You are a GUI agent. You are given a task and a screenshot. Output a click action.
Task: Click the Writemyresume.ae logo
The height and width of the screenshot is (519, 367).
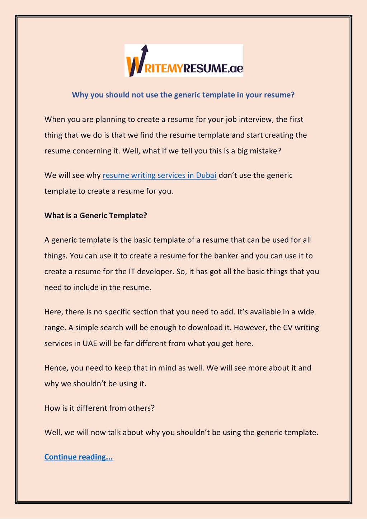tap(184, 60)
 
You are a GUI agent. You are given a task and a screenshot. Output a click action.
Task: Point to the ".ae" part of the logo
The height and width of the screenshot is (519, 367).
tap(235, 68)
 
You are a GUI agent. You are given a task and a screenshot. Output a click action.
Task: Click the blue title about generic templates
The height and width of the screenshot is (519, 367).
tap(183, 95)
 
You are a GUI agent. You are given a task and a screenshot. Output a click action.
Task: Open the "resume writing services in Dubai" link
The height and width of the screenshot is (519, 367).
tap(159, 175)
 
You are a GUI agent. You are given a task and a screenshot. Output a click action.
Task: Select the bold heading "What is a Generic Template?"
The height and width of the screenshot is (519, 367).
tap(96, 215)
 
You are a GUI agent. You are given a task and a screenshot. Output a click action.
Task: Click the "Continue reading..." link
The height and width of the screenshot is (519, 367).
tap(79, 457)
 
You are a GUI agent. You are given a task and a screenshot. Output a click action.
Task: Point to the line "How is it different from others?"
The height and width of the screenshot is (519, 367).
tap(99, 408)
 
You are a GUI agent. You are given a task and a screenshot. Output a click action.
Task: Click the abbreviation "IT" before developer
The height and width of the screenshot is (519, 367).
tap(132, 272)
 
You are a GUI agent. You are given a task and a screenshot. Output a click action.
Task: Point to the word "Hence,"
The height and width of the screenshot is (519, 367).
tap(56, 368)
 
